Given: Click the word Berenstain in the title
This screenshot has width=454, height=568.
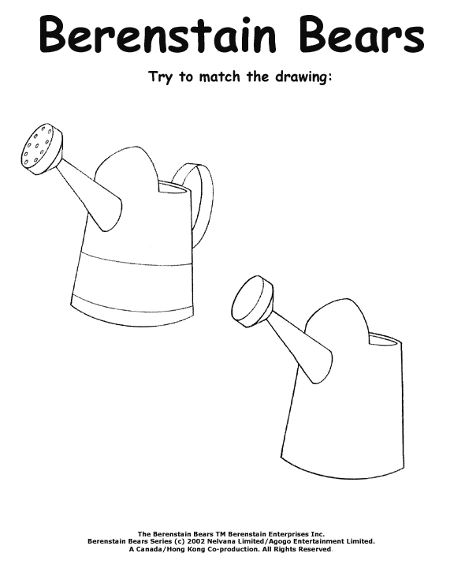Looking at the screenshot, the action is coord(158,34).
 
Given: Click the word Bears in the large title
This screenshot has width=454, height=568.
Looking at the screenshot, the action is coord(362,34).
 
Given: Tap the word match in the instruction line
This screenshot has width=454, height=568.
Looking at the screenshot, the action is coord(219,77).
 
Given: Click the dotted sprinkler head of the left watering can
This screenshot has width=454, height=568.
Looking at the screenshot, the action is coord(42,149).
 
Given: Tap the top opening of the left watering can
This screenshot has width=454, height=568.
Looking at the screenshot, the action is coord(173,186).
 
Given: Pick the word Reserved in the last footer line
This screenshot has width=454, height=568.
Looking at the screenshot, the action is coord(314,549).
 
